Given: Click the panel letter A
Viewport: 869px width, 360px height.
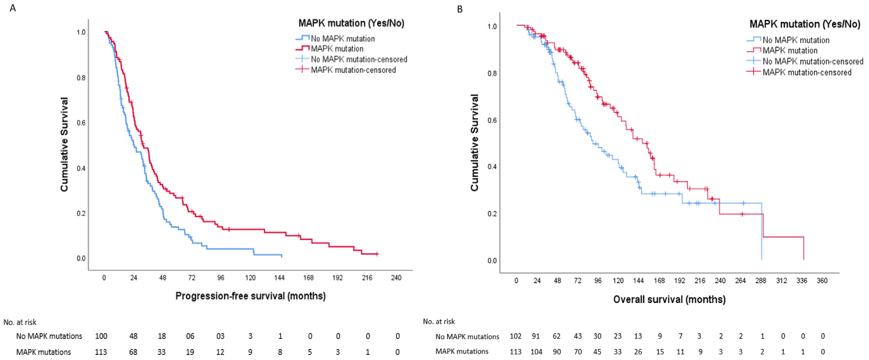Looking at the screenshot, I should tap(13, 8).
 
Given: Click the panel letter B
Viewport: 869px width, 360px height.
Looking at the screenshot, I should tap(460, 9).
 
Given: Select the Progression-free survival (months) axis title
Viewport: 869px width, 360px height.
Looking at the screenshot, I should tap(250, 296).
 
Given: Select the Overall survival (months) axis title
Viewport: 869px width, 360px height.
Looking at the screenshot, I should tap(669, 299).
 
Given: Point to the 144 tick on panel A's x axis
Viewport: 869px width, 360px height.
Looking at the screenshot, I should tap(279, 278).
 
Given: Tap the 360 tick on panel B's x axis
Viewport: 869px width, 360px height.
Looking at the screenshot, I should tap(822, 280).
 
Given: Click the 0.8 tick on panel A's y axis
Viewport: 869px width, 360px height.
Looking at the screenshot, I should tap(81, 78).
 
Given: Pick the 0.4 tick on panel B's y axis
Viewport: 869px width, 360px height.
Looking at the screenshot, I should tap(492, 166).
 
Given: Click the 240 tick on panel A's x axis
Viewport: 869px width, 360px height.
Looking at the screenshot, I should tap(396, 278).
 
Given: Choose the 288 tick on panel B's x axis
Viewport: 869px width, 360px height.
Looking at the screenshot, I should tap(760, 280).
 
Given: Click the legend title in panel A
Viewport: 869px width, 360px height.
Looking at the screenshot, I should tap(351, 23).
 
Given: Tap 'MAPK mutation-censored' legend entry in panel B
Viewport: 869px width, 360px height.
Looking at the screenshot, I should tap(806, 72).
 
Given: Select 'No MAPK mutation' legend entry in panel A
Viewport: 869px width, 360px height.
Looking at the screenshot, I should tap(343, 39).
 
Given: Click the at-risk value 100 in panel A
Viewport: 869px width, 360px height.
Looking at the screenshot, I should tap(101, 336).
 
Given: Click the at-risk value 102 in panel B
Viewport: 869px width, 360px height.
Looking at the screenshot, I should tap(515, 336).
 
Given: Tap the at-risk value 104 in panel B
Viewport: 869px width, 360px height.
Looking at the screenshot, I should tap(536, 352).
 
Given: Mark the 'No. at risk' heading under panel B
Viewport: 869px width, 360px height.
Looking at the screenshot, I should tap(439, 321).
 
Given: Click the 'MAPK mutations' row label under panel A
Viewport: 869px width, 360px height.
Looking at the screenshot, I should tap(44, 352).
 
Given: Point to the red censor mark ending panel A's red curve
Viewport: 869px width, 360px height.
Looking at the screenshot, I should tap(377, 254).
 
